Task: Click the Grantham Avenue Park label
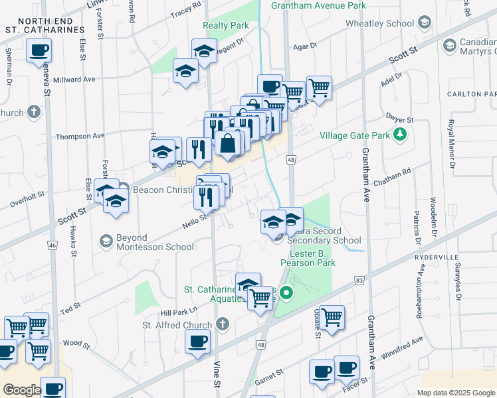pos(318,6)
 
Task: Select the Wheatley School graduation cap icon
pos(336,23)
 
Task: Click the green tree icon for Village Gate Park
pos(399,135)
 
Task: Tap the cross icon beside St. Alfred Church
pos(223,324)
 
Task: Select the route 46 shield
pos(52,245)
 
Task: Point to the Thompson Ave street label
pos(80,136)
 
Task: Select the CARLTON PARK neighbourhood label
pos(472,94)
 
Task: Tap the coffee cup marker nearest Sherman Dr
pos(39,50)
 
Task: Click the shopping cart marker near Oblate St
pos(331,316)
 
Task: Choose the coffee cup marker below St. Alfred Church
pos(197,342)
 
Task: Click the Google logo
pos(22,390)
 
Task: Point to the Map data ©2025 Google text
pos(456,393)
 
